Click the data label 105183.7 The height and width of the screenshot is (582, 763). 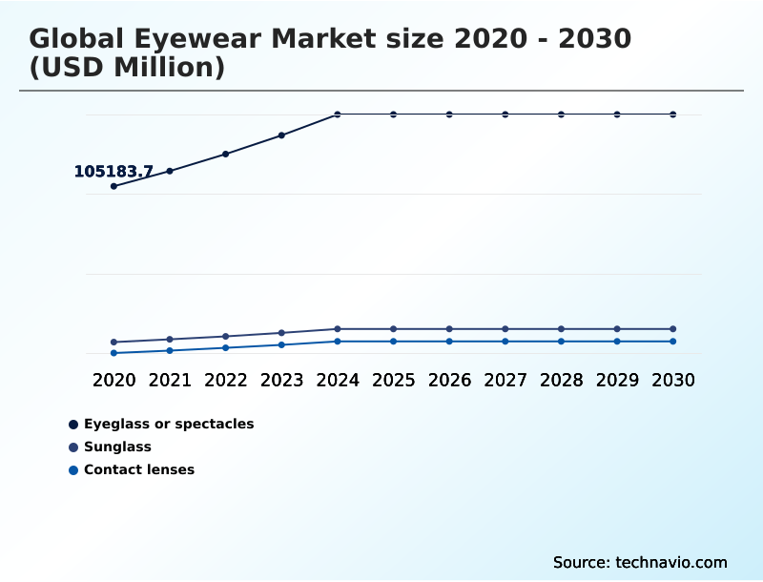click(x=113, y=172)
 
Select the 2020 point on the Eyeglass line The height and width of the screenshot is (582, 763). click(x=113, y=186)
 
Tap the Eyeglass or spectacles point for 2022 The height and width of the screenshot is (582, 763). click(x=226, y=154)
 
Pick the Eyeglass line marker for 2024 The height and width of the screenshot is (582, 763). click(x=338, y=114)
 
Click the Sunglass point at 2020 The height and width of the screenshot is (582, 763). click(x=113, y=342)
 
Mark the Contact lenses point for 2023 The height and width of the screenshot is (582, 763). click(x=281, y=344)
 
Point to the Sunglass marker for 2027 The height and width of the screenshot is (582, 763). click(x=505, y=329)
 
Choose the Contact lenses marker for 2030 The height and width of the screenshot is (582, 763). click(x=673, y=342)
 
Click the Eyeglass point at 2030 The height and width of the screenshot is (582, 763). click(x=673, y=114)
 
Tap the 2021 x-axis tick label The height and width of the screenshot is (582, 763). click(x=170, y=380)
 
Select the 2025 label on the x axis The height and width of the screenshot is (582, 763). click(x=393, y=380)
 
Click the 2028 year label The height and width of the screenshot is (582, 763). click(x=561, y=380)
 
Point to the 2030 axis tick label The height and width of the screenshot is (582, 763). click(x=673, y=380)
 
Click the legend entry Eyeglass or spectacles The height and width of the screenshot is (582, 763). click(x=169, y=424)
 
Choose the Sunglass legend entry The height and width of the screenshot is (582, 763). click(x=117, y=447)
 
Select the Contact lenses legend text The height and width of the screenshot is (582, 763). click(x=139, y=469)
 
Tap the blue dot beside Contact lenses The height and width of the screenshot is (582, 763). click(x=73, y=469)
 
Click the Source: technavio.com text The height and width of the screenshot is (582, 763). click(x=640, y=562)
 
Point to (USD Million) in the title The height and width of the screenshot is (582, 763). click(x=127, y=69)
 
